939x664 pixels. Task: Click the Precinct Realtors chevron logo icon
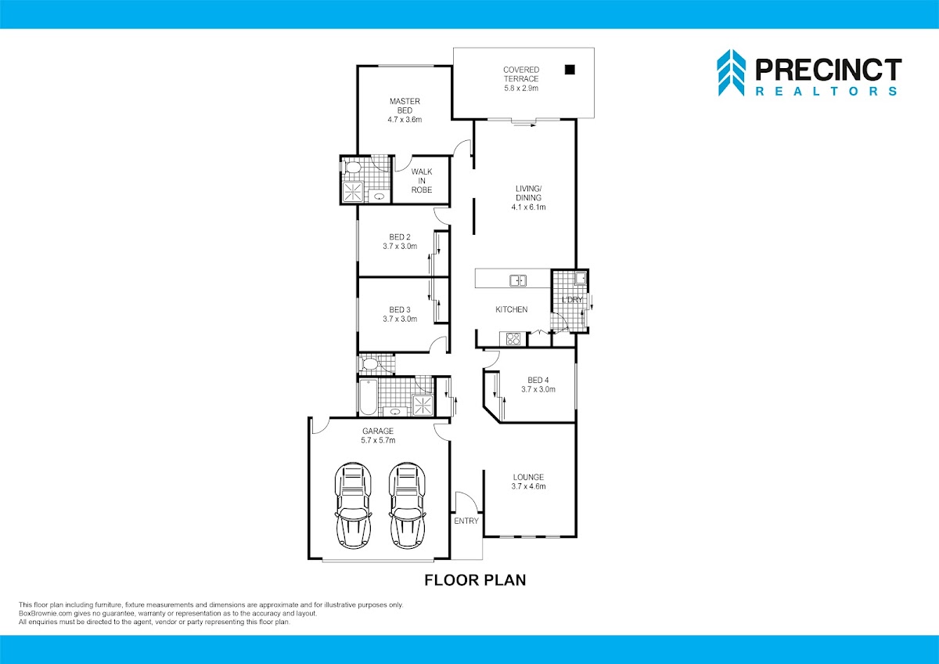(731, 73)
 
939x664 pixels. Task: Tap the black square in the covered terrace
(570, 70)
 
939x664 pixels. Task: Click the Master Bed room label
(405, 110)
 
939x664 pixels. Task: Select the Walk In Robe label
(422, 181)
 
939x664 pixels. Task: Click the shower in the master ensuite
(353, 192)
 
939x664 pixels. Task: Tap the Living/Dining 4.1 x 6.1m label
(529, 197)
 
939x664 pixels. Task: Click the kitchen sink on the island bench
(518, 280)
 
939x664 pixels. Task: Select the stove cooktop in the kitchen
(513, 338)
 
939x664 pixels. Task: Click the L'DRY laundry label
(572, 300)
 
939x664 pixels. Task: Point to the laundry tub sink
(581, 278)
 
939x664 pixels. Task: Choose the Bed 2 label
(400, 242)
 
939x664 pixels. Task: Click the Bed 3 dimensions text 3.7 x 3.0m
(400, 319)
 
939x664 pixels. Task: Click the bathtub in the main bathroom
(369, 397)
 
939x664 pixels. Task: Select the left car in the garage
(353, 506)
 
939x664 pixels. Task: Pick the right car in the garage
(407, 506)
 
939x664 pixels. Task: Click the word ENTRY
(466, 521)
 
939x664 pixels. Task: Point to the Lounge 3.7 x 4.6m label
(529, 482)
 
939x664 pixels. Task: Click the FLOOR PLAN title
(476, 580)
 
